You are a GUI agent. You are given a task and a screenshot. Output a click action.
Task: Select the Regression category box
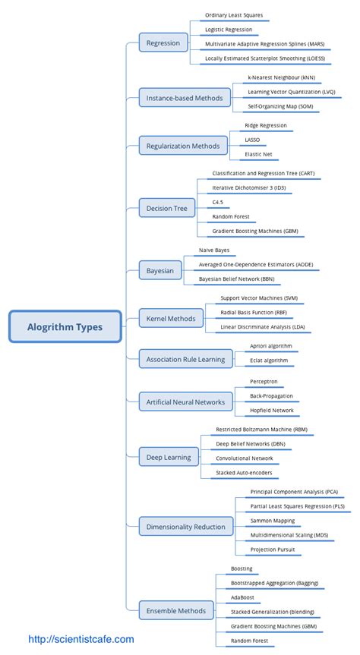(x=163, y=43)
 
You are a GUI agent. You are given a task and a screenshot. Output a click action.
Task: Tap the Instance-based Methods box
(x=185, y=98)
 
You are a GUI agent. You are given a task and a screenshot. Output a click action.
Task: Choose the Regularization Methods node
(x=184, y=146)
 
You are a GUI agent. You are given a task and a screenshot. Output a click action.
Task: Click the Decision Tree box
(x=166, y=208)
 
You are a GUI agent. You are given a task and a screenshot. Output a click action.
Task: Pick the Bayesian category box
(x=160, y=270)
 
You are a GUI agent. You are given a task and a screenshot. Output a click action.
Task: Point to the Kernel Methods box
(x=172, y=320)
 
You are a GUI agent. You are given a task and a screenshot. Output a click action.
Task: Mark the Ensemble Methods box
(x=176, y=610)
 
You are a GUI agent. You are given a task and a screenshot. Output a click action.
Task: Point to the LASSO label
(x=253, y=140)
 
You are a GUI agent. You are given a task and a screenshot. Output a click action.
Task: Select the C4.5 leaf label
(x=218, y=202)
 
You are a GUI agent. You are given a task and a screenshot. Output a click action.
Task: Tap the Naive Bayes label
(x=215, y=249)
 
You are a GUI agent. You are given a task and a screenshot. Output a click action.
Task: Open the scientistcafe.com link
(x=81, y=640)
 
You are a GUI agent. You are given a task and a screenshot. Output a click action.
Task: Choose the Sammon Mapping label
(x=273, y=521)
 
